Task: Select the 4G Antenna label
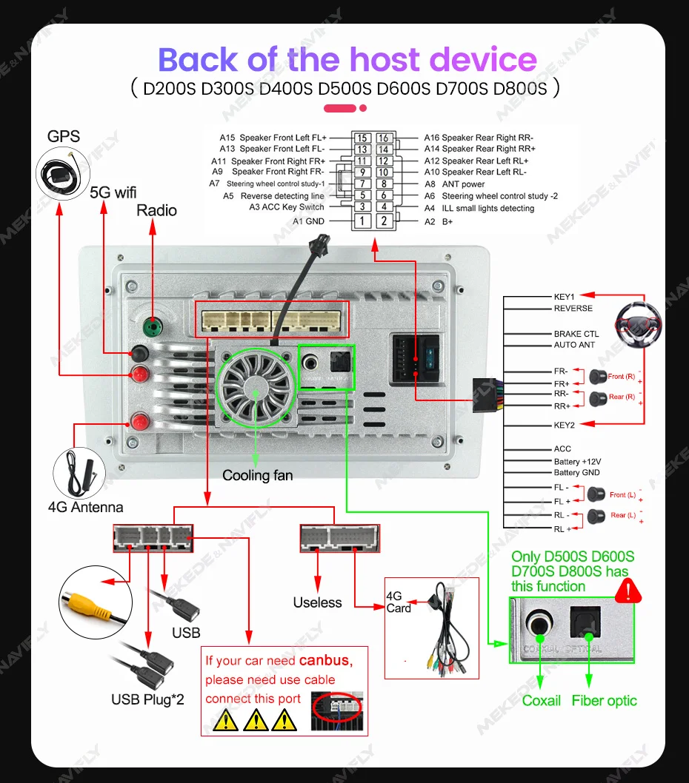tap(85, 508)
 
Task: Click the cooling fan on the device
tap(254, 389)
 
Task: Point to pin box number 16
tap(383, 138)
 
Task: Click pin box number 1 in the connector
tap(362, 221)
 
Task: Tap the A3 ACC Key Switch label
tap(287, 208)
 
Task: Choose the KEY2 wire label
tap(564, 425)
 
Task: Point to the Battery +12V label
tap(577, 462)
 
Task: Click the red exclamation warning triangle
tap(628, 590)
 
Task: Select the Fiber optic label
tap(604, 700)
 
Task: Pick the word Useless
tap(317, 602)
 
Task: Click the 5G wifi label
tap(113, 192)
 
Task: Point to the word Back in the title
tap(199, 59)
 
